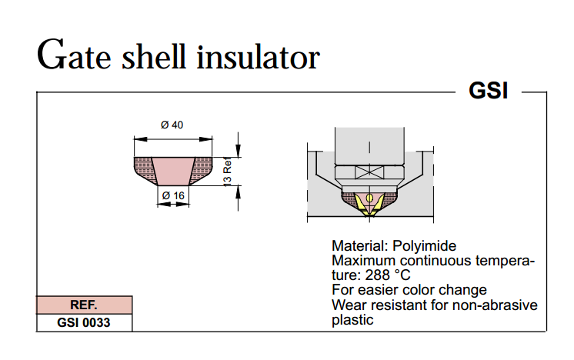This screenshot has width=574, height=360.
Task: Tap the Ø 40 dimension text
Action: pyautogui.click(x=172, y=125)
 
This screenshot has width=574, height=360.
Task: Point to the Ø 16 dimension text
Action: pyautogui.click(x=172, y=196)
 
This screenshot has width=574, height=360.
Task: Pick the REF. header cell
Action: pyautogui.click(x=84, y=305)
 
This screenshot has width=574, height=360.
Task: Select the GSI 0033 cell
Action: pyautogui.click(x=84, y=322)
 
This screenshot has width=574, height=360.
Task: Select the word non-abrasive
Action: pyautogui.click(x=499, y=305)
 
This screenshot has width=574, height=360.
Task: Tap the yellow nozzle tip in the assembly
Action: pyautogui.click(x=370, y=202)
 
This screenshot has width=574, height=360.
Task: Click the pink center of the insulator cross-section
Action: pyautogui.click(x=172, y=168)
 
